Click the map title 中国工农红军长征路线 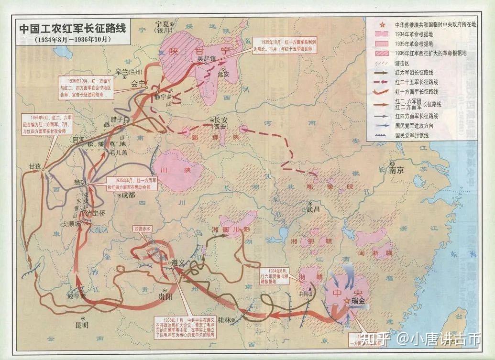click(x=73, y=28)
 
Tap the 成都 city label click(x=128, y=195)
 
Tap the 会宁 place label click(x=139, y=83)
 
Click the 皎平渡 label click(x=77, y=296)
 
